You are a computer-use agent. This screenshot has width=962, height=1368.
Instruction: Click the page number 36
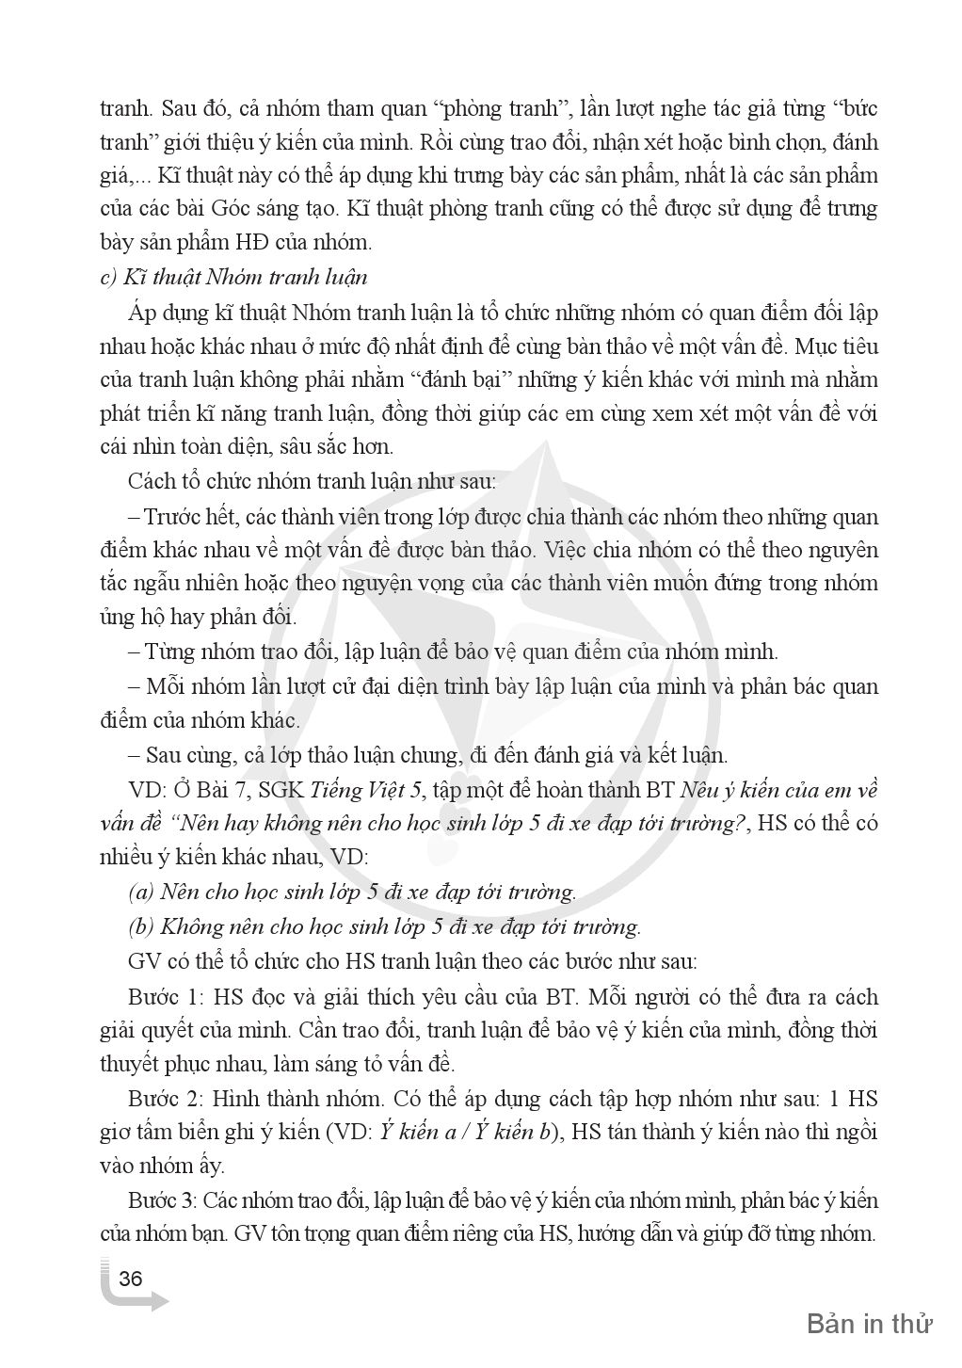click(131, 1278)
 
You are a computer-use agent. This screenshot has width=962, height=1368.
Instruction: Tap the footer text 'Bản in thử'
click(869, 1324)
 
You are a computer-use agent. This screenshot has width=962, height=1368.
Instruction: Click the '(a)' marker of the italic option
click(142, 891)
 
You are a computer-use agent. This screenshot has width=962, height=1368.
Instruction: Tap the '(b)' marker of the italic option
click(142, 925)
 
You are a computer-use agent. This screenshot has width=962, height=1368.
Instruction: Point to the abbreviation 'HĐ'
click(278, 243)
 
